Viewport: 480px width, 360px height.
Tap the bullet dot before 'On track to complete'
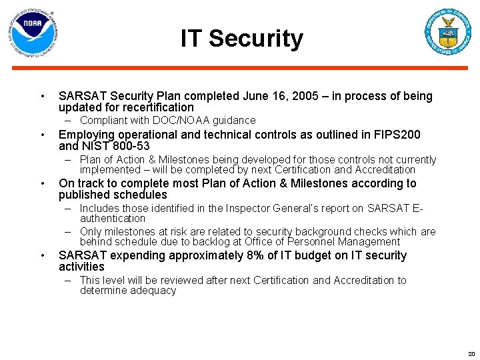pyautogui.click(x=42, y=184)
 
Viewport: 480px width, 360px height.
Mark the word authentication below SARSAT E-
pyautogui.click(x=112, y=218)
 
